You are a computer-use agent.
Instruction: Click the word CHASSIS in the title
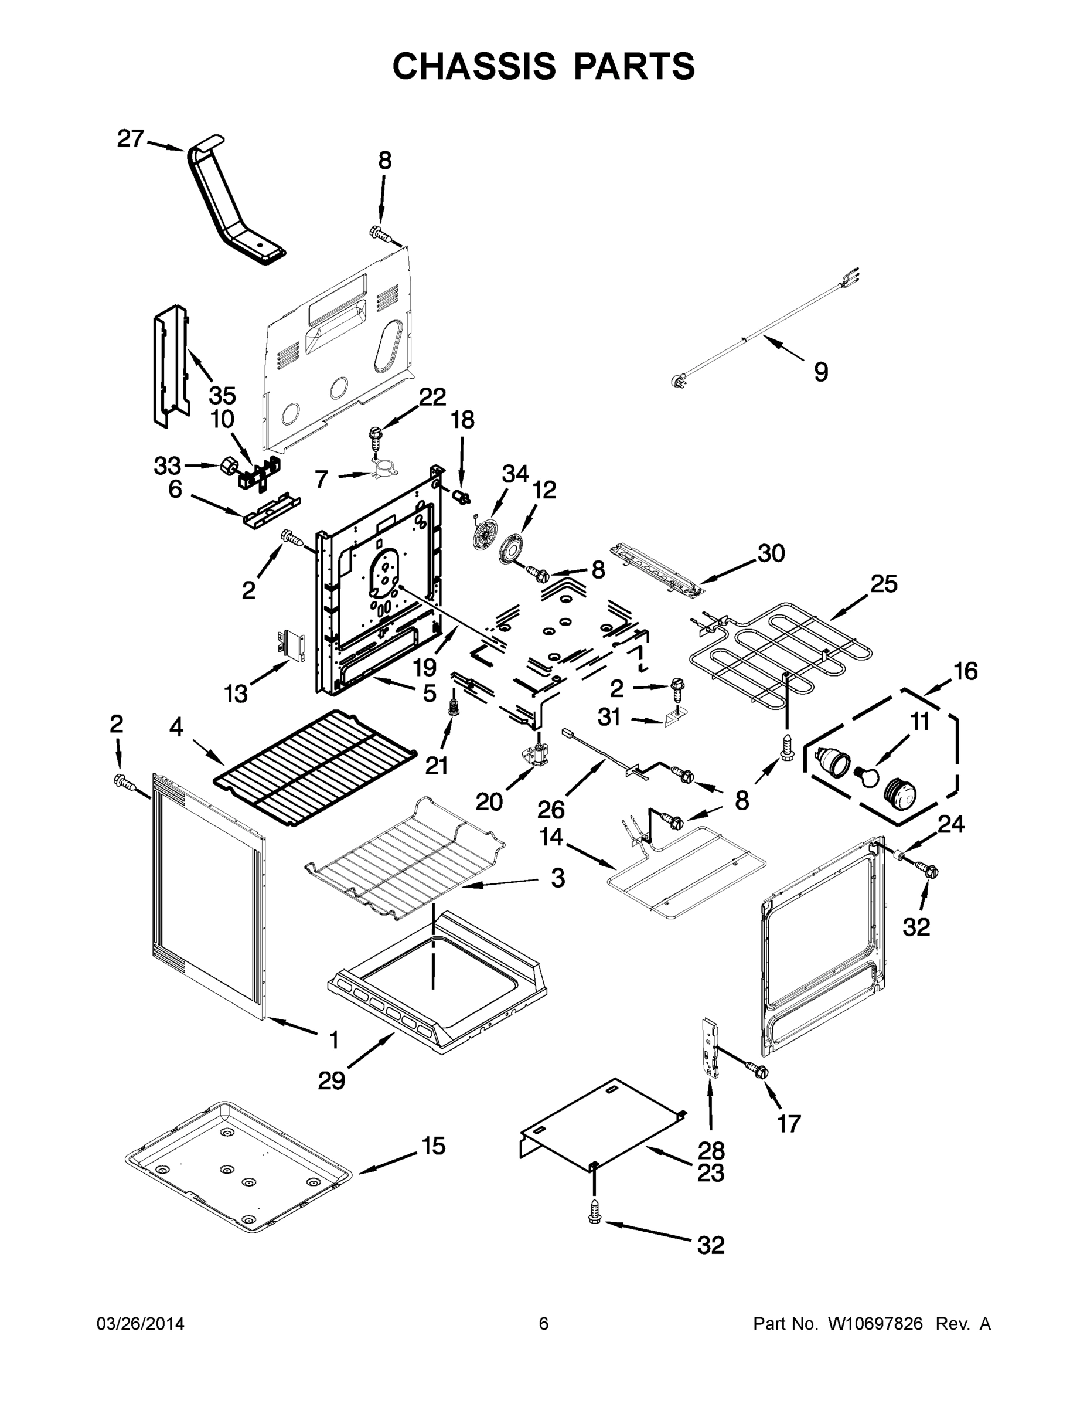coord(474,66)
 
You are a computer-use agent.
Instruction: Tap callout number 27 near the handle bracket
coord(130,138)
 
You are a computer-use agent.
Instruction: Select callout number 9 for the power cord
coord(820,372)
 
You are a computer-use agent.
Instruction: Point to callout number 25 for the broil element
coord(884,584)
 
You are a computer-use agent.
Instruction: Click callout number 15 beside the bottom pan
coord(434,1146)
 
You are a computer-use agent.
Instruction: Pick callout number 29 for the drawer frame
coord(332,1080)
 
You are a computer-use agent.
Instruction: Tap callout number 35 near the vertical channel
coord(222,395)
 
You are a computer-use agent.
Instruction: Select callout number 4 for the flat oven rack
coord(176,728)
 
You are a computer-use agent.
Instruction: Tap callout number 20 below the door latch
coord(489,802)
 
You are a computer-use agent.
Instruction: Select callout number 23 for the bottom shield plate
coord(710,1173)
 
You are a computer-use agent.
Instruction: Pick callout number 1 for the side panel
coord(333,1039)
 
